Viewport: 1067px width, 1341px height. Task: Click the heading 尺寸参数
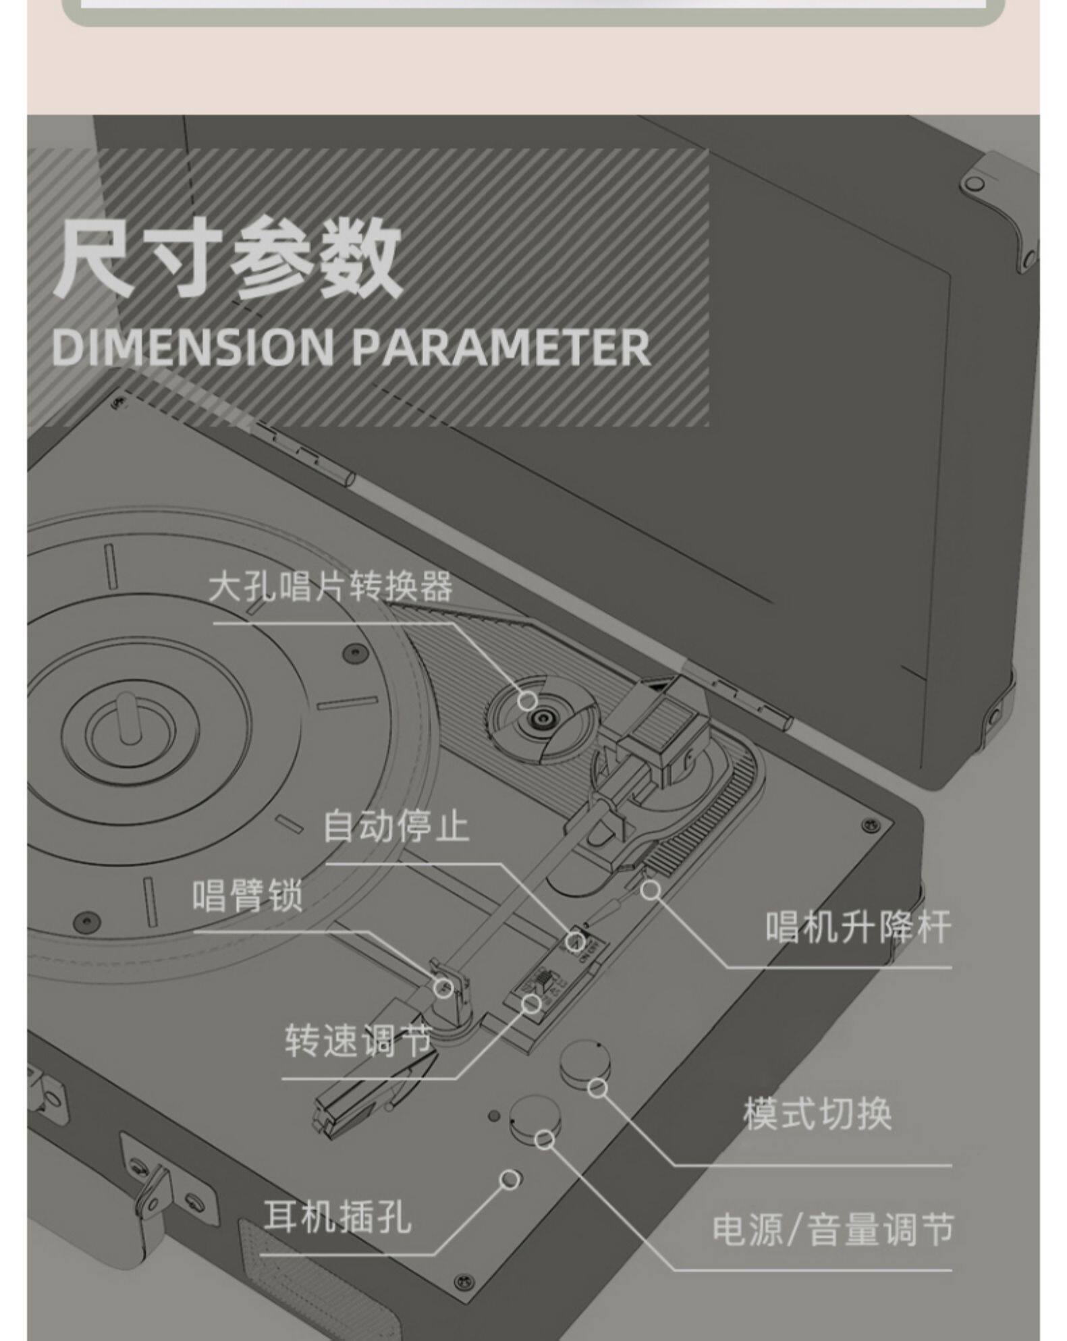(227, 258)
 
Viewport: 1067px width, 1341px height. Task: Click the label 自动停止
(395, 826)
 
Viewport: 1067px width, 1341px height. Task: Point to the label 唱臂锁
(248, 896)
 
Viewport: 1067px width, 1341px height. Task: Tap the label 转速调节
(358, 1040)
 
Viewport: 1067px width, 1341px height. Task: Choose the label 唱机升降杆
(858, 927)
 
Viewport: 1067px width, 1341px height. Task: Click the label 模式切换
(817, 1114)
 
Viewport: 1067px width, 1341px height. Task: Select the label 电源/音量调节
(833, 1229)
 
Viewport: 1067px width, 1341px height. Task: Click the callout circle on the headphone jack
(511, 1180)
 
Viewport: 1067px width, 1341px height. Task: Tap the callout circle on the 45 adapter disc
(528, 699)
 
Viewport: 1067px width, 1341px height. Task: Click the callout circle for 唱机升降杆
(651, 890)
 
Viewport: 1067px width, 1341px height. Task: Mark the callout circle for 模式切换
(598, 1087)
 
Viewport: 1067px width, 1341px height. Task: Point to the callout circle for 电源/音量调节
(545, 1140)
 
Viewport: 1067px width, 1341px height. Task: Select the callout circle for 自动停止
(575, 941)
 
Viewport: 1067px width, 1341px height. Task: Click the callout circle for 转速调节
(532, 1004)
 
